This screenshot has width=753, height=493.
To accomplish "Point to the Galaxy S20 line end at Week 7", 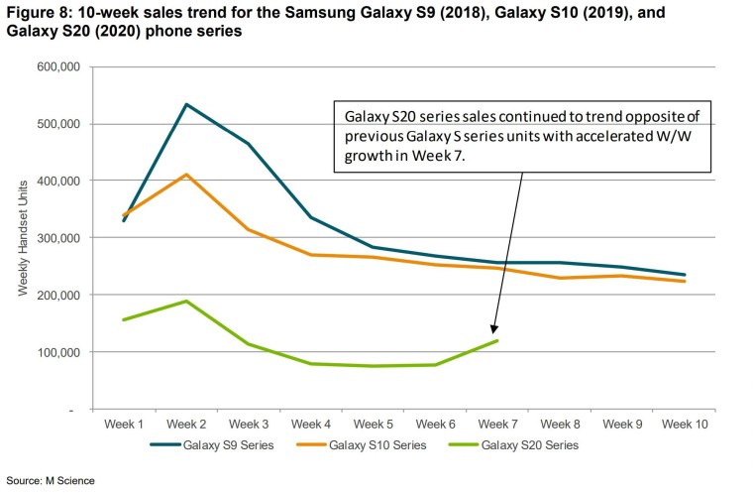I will (x=497, y=340).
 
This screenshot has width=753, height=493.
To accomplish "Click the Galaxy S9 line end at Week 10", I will (x=684, y=275).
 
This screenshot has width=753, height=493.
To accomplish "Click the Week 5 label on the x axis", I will (x=374, y=424).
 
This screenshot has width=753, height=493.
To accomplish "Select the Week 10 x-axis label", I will (x=684, y=424).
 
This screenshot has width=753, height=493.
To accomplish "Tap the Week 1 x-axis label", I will (x=125, y=424).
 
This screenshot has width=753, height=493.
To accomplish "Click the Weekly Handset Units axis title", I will (x=23, y=238).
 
